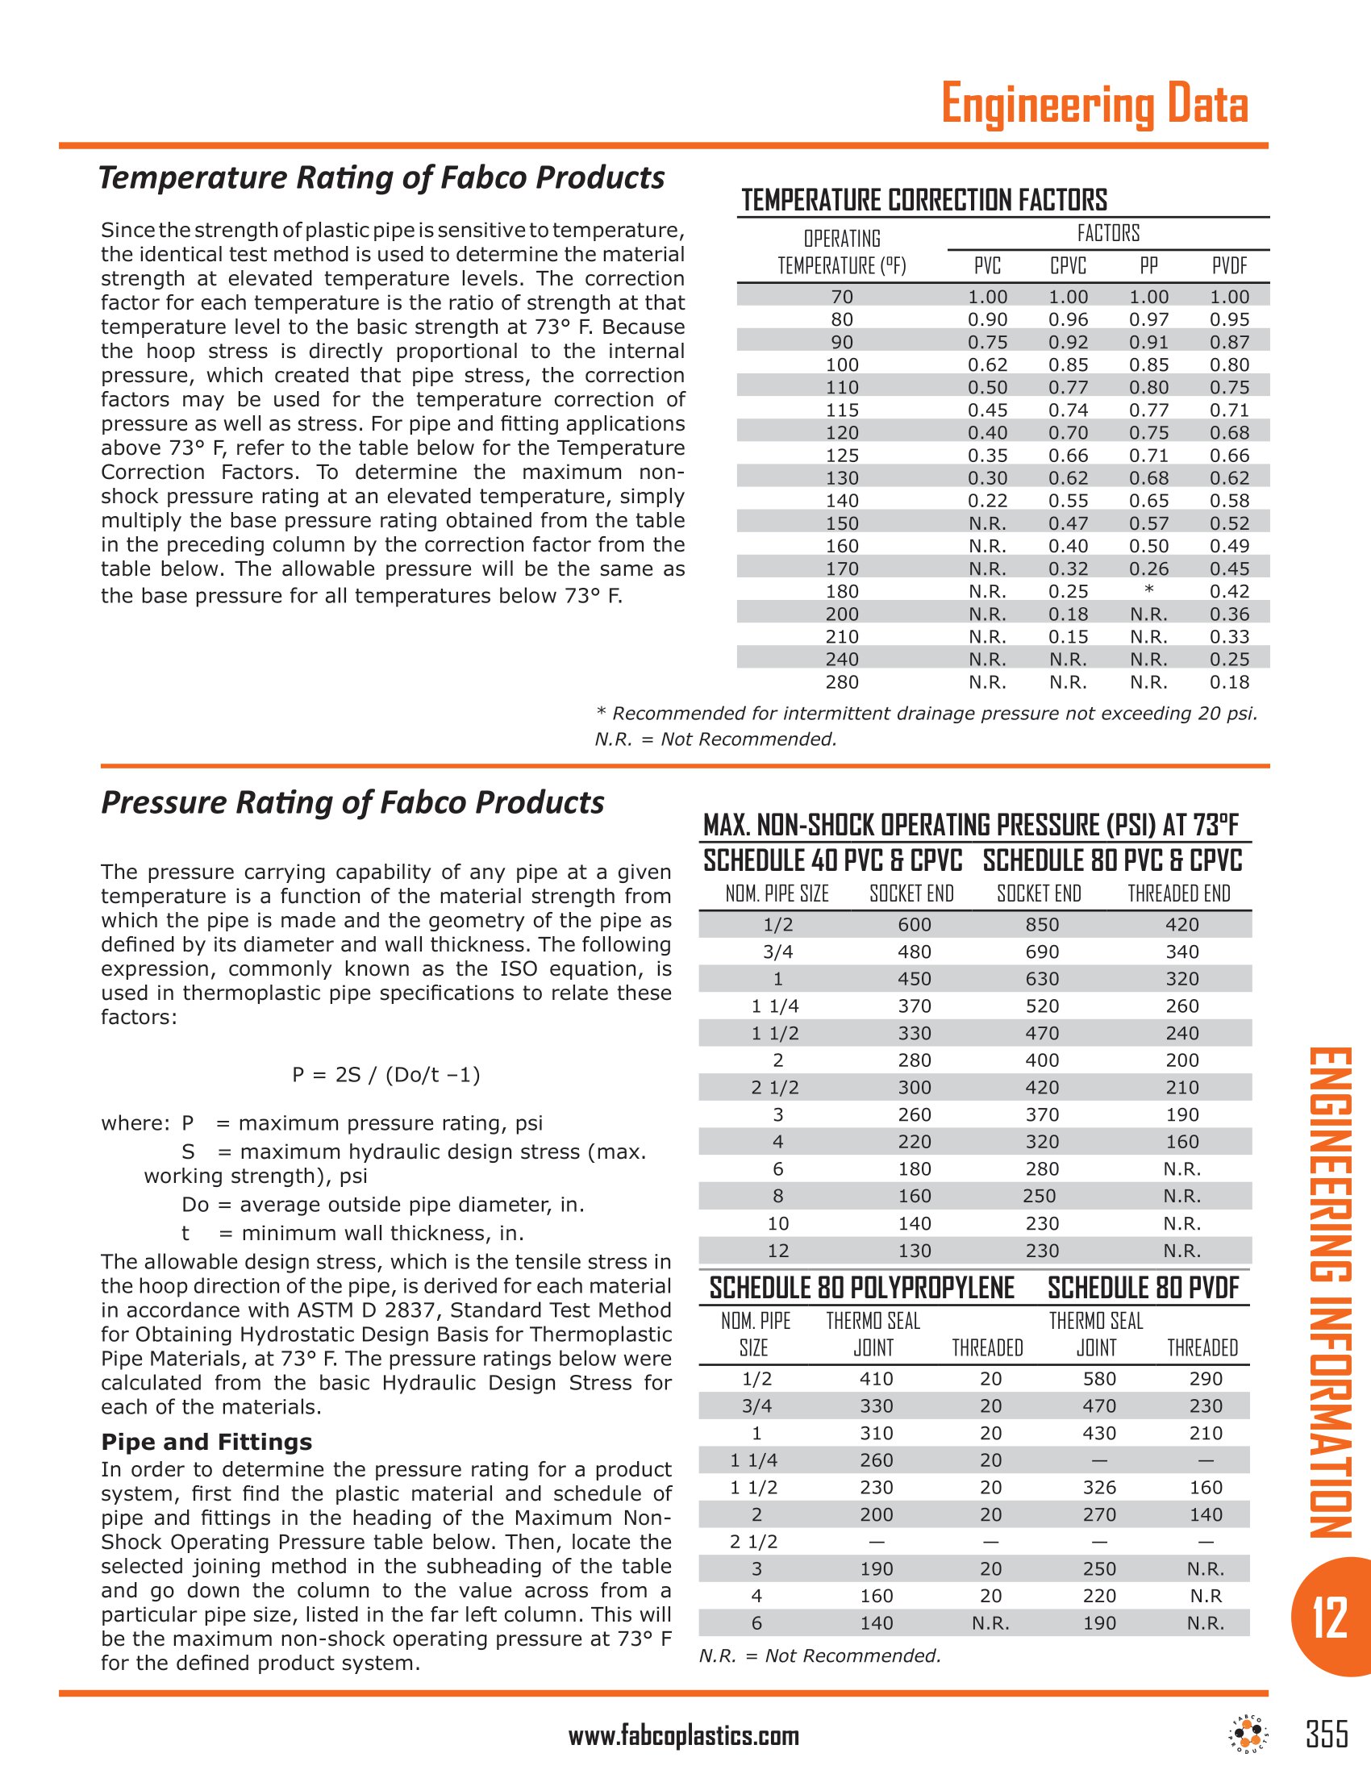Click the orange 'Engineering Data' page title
coord(1094,104)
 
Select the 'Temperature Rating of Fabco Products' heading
coord(381,177)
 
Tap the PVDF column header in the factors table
coord(1229,265)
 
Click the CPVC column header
coord(1068,265)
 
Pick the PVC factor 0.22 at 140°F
coord(987,501)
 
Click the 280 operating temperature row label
coord(841,682)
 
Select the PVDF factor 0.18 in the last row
coord(1229,682)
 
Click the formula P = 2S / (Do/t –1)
coord(385,1076)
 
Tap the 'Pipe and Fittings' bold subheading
coord(206,1442)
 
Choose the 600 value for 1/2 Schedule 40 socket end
coord(914,924)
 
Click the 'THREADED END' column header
coord(1178,893)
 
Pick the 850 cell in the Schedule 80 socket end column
coord(1042,924)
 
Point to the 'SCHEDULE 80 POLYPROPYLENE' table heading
coord(862,1289)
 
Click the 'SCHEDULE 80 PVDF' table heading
coord(1143,1289)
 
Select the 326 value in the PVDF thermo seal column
coord(1099,1487)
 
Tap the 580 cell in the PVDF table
coord(1099,1378)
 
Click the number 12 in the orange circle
coord(1330,1617)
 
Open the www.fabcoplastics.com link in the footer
coord(684,1736)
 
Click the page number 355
coord(1327,1734)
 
